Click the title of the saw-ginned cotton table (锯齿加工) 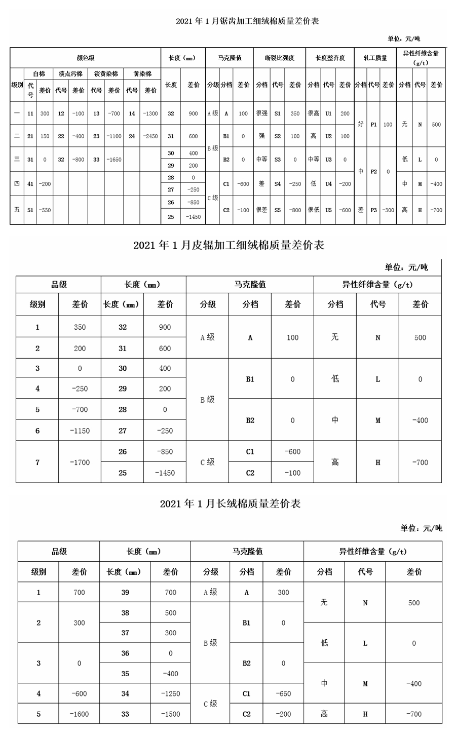(x=247, y=21)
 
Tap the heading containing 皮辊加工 (x=229, y=245)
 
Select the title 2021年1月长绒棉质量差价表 (x=230, y=503)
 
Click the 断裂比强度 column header (x=279, y=58)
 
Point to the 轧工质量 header (x=375, y=58)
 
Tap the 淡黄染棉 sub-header (x=105, y=73)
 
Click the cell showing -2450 (x=150, y=136)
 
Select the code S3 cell (x=278, y=160)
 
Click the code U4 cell (x=329, y=184)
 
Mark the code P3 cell (x=373, y=210)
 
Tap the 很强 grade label (x=261, y=113)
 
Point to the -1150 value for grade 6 (x=80, y=431)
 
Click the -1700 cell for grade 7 (x=80, y=462)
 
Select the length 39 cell (x=125, y=592)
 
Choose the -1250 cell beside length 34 (x=170, y=693)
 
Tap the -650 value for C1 (x=283, y=693)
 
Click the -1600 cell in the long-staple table (x=79, y=714)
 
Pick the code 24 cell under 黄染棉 (x=132, y=136)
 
